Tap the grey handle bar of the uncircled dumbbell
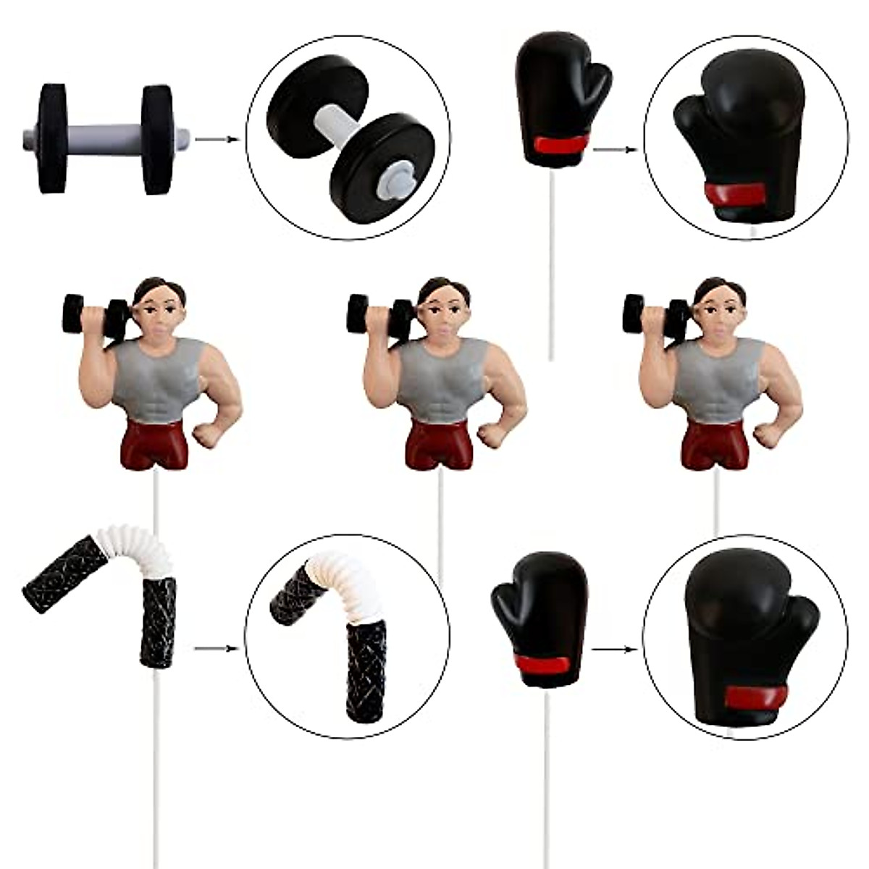point(104,137)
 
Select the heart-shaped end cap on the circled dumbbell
point(396,177)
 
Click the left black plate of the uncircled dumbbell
point(51,138)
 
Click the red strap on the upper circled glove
point(734,193)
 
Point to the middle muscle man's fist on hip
point(494,432)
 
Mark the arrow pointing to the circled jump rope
point(217,648)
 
